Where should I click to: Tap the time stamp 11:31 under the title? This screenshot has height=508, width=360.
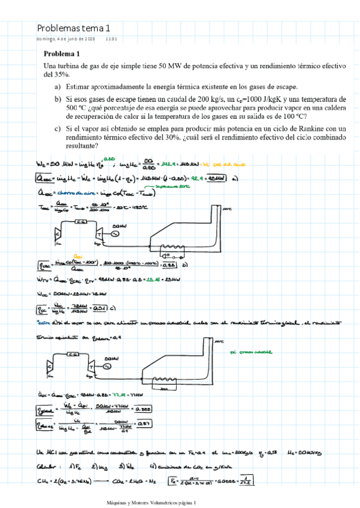pos(111,39)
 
